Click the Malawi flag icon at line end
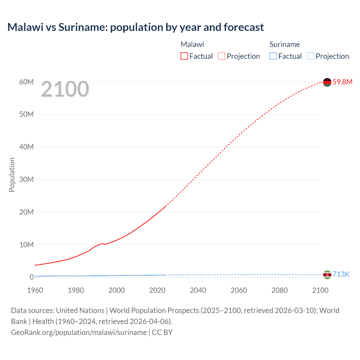pos(327,82)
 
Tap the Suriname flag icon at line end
pos(327,274)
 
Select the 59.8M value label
pos(342,82)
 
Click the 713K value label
pos(341,274)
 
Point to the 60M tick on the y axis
pos(26,82)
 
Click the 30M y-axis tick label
pos(26,179)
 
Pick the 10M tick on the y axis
pos(26,245)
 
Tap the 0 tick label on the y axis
pos(31,277)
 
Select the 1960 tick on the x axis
pos(35,290)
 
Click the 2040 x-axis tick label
pos(198,290)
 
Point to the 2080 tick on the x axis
pos(280,290)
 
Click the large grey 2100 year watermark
pos(65,89)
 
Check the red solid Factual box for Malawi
pos(184,56)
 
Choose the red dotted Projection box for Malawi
pos(222,56)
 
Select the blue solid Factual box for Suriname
pos(273,56)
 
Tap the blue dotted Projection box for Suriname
pos(310,56)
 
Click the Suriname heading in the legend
pos(285,44)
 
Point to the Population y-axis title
pos(12,175)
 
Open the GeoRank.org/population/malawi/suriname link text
pos(79,332)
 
